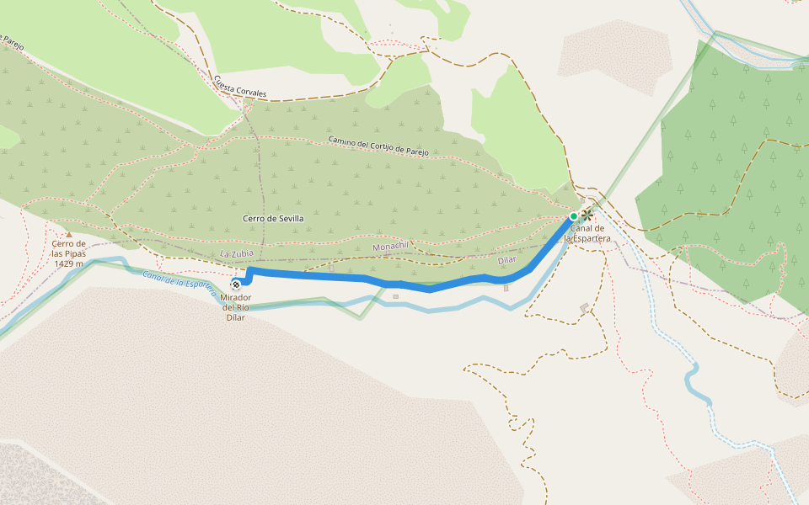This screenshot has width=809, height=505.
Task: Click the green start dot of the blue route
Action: (x=574, y=216)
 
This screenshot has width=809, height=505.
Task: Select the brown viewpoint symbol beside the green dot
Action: (x=587, y=215)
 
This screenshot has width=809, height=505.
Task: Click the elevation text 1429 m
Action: (x=68, y=263)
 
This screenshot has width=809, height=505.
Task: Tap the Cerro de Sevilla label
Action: (x=273, y=218)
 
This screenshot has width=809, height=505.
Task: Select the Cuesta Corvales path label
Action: (x=240, y=86)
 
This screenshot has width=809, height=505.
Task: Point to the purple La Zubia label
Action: (x=237, y=253)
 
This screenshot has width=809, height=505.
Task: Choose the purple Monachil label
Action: (x=389, y=246)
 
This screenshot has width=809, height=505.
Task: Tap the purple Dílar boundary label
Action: (x=506, y=260)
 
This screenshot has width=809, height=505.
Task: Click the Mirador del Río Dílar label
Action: (x=237, y=307)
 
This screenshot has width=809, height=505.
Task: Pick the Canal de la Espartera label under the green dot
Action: (x=587, y=233)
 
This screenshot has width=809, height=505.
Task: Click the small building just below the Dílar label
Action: (x=506, y=288)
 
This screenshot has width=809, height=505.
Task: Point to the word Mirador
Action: (x=237, y=298)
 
